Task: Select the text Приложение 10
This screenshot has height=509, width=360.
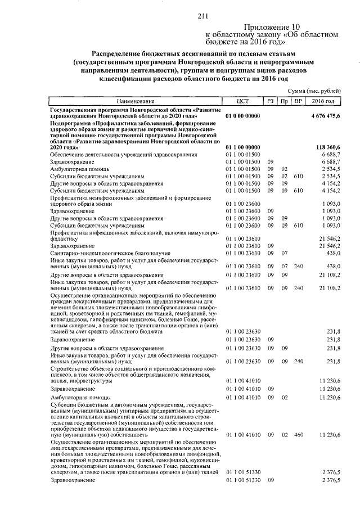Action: pos(272,26)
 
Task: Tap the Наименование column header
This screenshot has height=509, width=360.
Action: pos(136,101)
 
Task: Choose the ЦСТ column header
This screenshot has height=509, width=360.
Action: pos(243,101)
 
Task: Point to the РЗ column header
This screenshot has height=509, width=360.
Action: pos(271,101)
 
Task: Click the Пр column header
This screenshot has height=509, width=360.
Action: pos(285,101)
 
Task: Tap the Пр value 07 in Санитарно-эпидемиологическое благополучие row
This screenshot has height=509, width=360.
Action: pos(285,254)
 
